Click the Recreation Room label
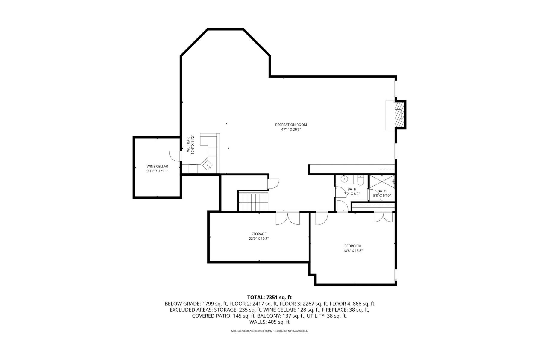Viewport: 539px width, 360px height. pos(291,125)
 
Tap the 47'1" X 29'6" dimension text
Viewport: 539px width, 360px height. pos(291,130)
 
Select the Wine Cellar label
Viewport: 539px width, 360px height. pos(157,166)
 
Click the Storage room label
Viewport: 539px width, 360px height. pos(259,234)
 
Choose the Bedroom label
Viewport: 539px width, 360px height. pos(353,246)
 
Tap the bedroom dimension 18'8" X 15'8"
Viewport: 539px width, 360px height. pos(353,251)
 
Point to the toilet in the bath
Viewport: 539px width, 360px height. pos(361,180)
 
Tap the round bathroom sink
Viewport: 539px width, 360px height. pos(345,179)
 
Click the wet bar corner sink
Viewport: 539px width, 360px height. pos(208,165)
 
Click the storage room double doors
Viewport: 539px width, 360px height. pos(287,218)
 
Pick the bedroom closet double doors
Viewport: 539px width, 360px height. pos(383,217)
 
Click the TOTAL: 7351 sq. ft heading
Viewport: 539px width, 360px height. pos(269,298)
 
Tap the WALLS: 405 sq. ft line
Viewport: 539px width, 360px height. pos(269,322)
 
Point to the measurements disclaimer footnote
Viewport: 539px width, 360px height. pos(269,331)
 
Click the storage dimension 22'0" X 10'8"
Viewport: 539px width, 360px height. pos(259,239)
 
